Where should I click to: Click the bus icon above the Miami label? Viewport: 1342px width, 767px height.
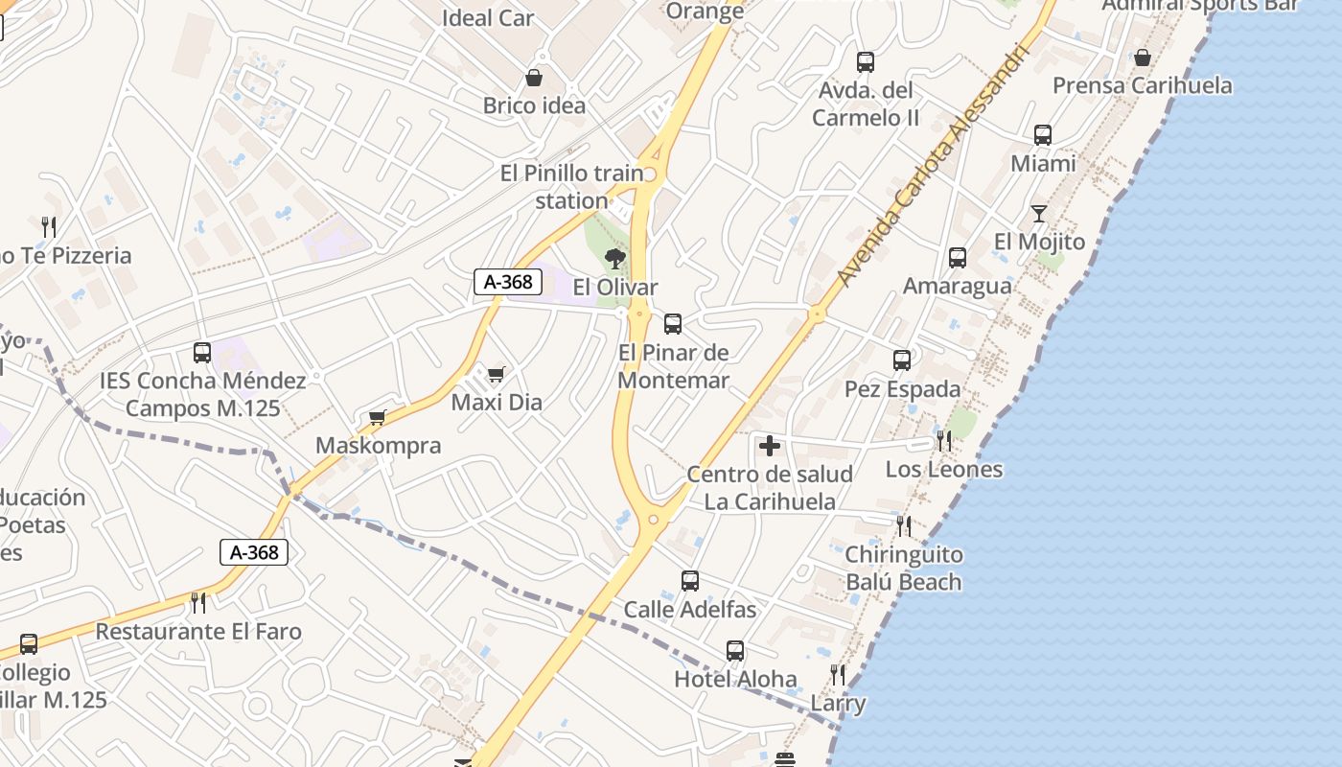coord(1043,135)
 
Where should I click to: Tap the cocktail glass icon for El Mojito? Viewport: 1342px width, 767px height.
coord(1039,213)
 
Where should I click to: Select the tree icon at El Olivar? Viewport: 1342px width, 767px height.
coord(615,258)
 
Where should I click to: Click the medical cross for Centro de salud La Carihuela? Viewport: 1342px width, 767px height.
coord(769,446)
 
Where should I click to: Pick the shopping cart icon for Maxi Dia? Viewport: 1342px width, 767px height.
coord(496,374)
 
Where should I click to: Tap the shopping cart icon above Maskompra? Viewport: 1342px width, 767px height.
coord(378,417)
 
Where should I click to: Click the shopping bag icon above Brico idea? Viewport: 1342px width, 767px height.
coord(534,78)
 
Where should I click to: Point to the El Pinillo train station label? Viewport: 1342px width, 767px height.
coord(572,187)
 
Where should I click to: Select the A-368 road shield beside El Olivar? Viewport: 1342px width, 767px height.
coord(508,282)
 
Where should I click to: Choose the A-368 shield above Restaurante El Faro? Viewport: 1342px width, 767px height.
coord(254,552)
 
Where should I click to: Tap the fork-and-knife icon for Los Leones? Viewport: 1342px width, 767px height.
coord(944,441)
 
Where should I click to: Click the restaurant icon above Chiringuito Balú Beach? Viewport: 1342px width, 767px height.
coord(903,525)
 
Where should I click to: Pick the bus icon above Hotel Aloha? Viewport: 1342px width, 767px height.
coord(735,651)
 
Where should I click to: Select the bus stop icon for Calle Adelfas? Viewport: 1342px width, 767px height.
coord(690,581)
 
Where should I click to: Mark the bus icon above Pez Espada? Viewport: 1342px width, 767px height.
coord(902,360)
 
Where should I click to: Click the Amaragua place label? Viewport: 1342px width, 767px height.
coord(957,286)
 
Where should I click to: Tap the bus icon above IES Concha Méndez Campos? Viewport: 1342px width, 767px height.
coord(202,353)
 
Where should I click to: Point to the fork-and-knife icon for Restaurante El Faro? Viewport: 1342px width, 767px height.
coord(198,603)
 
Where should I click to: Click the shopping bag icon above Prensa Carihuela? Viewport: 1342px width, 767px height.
coord(1142,58)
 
